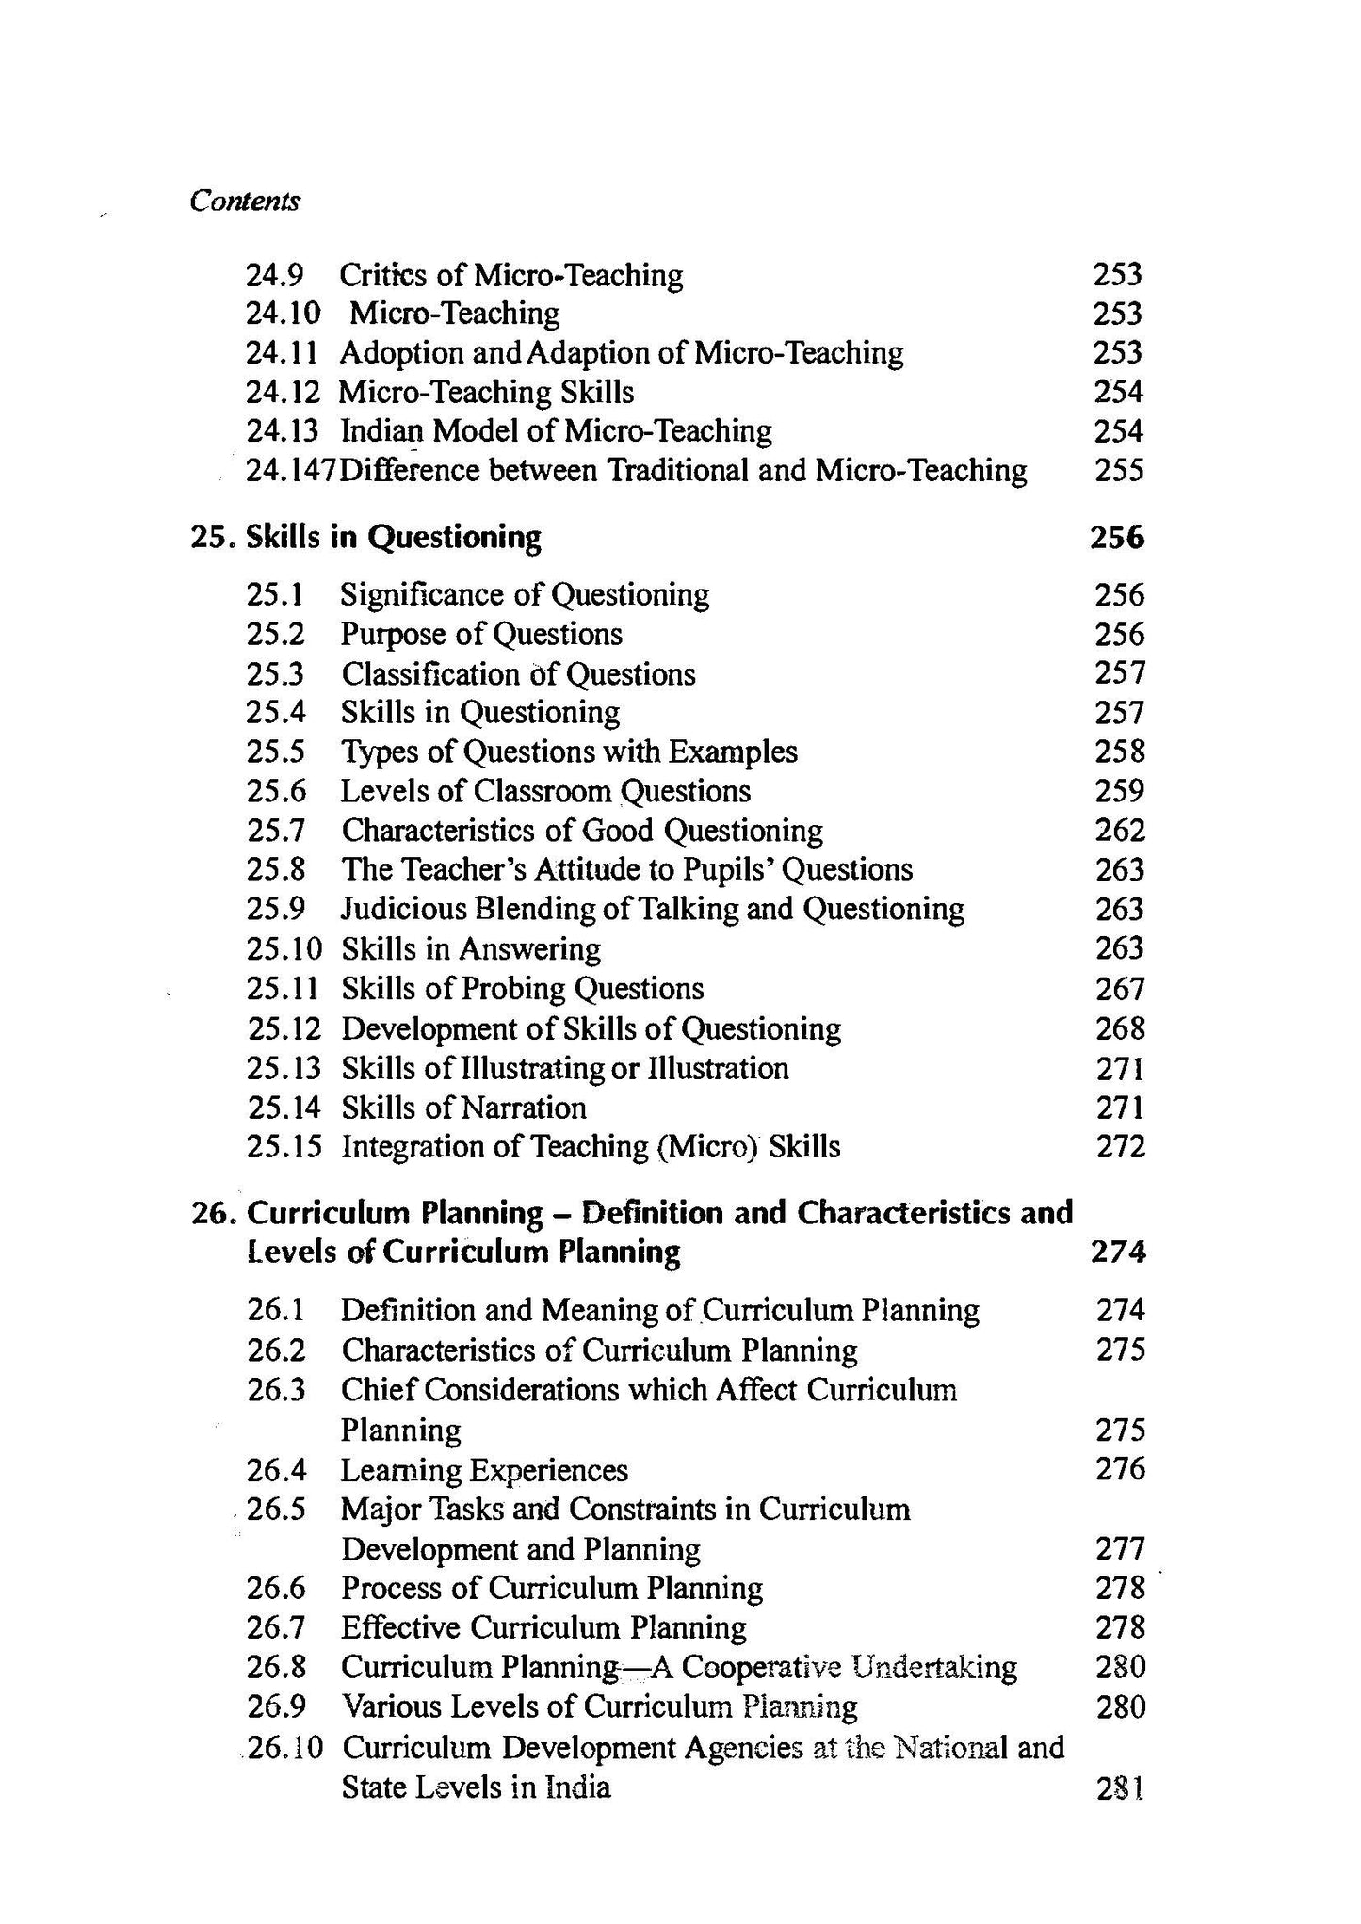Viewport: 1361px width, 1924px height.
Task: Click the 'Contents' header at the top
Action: pyautogui.click(x=245, y=201)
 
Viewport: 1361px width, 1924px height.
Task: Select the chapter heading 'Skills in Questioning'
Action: pyautogui.click(x=394, y=538)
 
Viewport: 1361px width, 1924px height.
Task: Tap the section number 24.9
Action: pyautogui.click(x=274, y=275)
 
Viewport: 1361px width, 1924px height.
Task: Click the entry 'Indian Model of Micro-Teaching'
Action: pyautogui.click(x=556, y=431)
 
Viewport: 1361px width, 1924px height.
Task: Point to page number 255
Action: pyautogui.click(x=1119, y=470)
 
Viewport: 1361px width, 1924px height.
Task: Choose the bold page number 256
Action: pyautogui.click(x=1117, y=538)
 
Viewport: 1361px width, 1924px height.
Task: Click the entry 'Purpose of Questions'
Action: pyautogui.click(x=481, y=634)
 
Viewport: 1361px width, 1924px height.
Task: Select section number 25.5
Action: pyautogui.click(x=276, y=752)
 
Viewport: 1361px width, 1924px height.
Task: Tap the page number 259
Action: pyautogui.click(x=1120, y=791)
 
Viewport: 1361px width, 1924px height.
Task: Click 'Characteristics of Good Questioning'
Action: pyautogui.click(x=582, y=831)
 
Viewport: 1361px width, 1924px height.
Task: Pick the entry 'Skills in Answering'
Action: pyautogui.click(x=471, y=948)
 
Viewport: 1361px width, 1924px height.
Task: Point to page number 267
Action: pyautogui.click(x=1120, y=989)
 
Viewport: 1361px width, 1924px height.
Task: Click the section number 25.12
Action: pyautogui.click(x=284, y=1028)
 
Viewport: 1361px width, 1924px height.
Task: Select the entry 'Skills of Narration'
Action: pyautogui.click(x=463, y=1108)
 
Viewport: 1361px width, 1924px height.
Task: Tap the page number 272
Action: pyautogui.click(x=1121, y=1147)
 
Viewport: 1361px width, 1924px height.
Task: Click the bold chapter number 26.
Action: pyautogui.click(x=213, y=1213)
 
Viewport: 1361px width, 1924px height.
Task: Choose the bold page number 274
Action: pyautogui.click(x=1118, y=1253)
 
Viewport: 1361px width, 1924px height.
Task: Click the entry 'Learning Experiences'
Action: pyautogui.click(x=484, y=1470)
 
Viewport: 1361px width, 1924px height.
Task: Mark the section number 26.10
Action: pyautogui.click(x=284, y=1748)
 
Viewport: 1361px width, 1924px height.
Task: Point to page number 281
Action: pyautogui.click(x=1121, y=1787)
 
